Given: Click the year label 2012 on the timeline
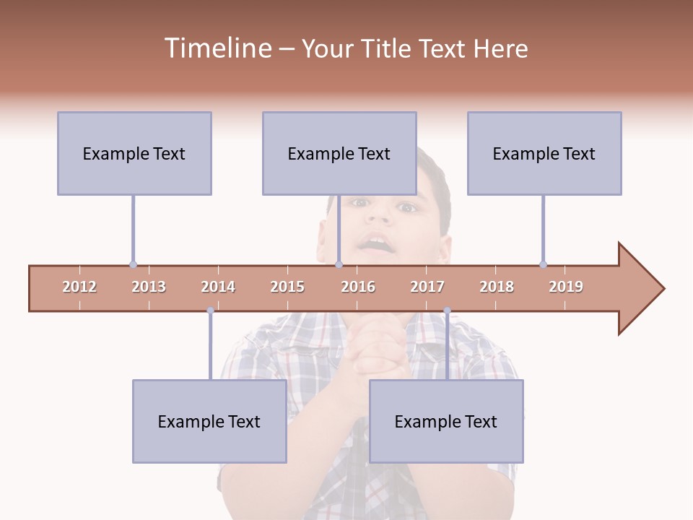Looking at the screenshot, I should (x=79, y=287).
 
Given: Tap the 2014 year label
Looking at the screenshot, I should (x=218, y=287).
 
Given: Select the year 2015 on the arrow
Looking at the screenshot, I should (x=287, y=287).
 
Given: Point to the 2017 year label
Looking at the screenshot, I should (x=427, y=287).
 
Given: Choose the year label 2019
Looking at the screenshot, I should (x=566, y=287).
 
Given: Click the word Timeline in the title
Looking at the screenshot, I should (x=217, y=48).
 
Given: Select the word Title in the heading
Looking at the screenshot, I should (x=386, y=49).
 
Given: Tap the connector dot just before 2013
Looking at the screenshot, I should (x=133, y=264).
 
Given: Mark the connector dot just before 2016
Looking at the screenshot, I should (x=339, y=264).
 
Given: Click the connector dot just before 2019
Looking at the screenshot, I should (x=543, y=264).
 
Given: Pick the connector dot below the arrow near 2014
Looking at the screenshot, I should (x=210, y=311).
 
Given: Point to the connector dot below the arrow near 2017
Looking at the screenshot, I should (x=447, y=311).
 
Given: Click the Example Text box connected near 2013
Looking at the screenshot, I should (x=134, y=153).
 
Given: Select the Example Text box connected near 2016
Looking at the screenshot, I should (x=339, y=153).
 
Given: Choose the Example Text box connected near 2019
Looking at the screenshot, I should (x=544, y=153).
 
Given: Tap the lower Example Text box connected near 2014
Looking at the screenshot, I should (x=209, y=421).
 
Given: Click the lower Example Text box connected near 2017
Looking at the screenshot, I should (x=446, y=421).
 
